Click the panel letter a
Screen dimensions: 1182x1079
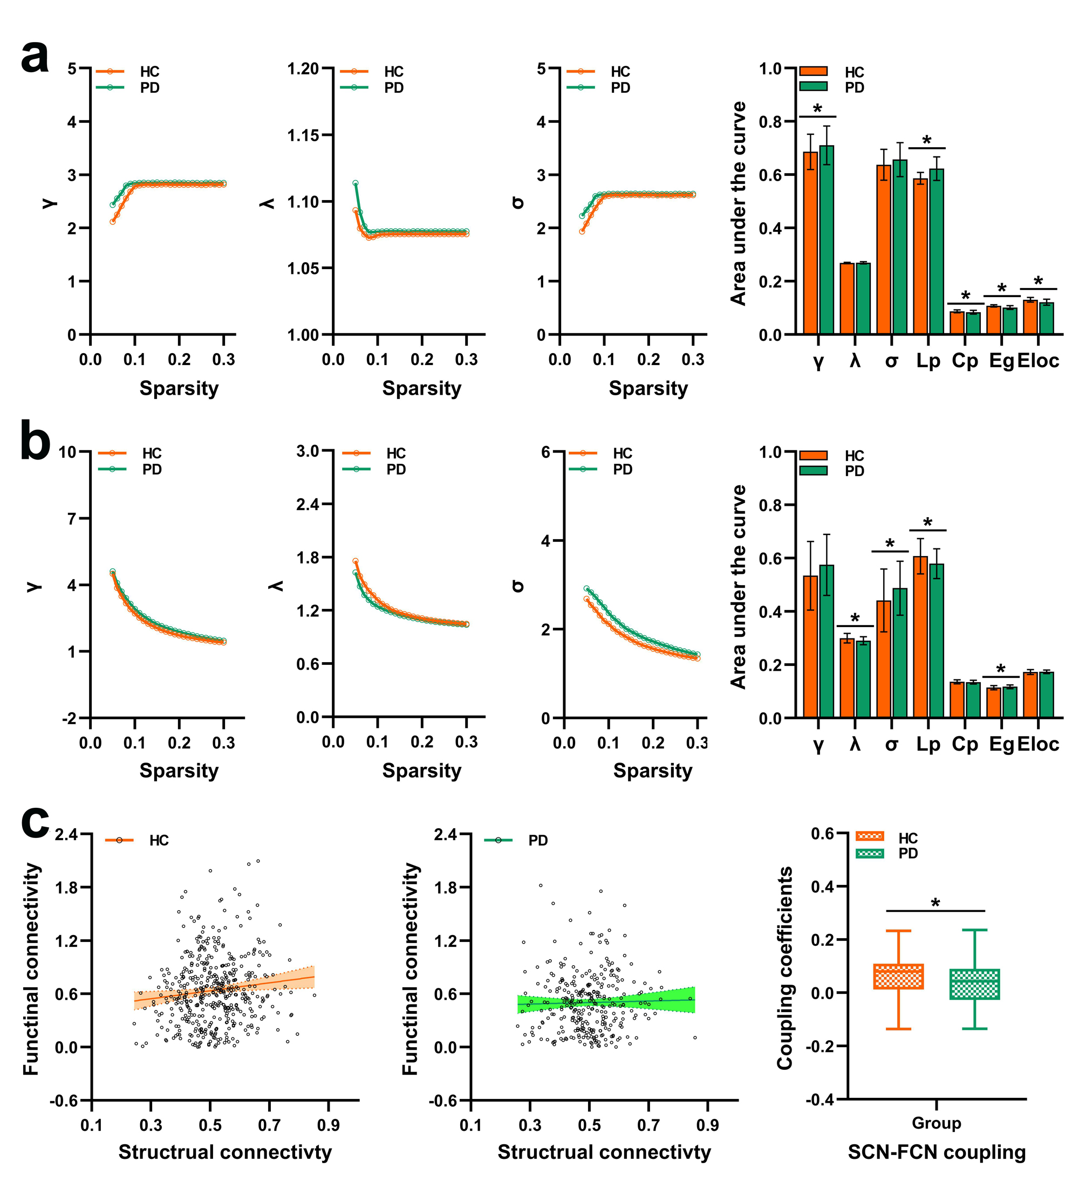(35, 58)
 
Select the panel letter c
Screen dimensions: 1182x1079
(35, 821)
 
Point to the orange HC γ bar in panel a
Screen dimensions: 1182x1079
(810, 243)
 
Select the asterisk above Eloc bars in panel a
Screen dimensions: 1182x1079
(1038, 281)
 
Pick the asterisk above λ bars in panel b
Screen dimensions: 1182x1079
(855, 619)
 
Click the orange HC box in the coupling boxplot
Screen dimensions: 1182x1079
(898, 976)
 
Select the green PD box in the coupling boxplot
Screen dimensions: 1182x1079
(974, 984)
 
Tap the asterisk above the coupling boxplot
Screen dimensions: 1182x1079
(935, 903)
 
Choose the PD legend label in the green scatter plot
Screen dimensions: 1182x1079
(538, 840)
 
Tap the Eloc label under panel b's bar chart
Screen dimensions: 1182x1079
(1038, 744)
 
